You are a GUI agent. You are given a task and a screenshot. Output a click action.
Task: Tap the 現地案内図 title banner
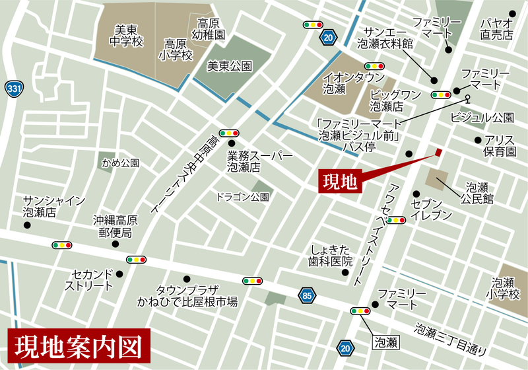[80, 346]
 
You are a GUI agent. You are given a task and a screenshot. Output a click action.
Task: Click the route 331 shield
[12, 89]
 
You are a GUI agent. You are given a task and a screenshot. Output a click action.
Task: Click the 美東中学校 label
[127, 36]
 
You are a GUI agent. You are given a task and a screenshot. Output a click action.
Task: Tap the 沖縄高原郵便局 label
[115, 227]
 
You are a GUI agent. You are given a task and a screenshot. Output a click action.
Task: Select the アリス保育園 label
[499, 146]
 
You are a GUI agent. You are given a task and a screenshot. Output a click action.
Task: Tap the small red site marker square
[438, 153]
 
